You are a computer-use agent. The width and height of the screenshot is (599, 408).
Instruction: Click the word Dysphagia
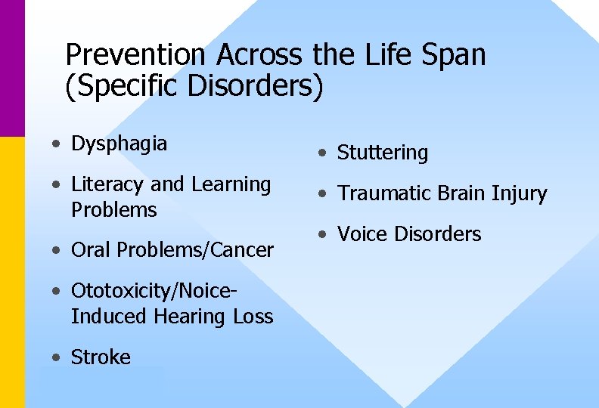tap(119, 144)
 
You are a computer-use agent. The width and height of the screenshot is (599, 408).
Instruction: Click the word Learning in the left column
tap(231, 185)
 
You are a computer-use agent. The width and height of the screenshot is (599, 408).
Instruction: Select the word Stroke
tap(101, 357)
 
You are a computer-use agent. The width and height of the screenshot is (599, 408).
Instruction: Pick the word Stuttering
tap(382, 153)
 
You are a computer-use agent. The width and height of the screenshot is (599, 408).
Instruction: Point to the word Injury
tap(518, 194)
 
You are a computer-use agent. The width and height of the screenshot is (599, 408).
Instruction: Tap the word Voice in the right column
tap(361, 234)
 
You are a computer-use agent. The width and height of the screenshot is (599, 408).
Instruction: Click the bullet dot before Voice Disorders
tap(322, 235)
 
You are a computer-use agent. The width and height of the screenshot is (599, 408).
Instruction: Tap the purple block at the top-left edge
tap(12, 68)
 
